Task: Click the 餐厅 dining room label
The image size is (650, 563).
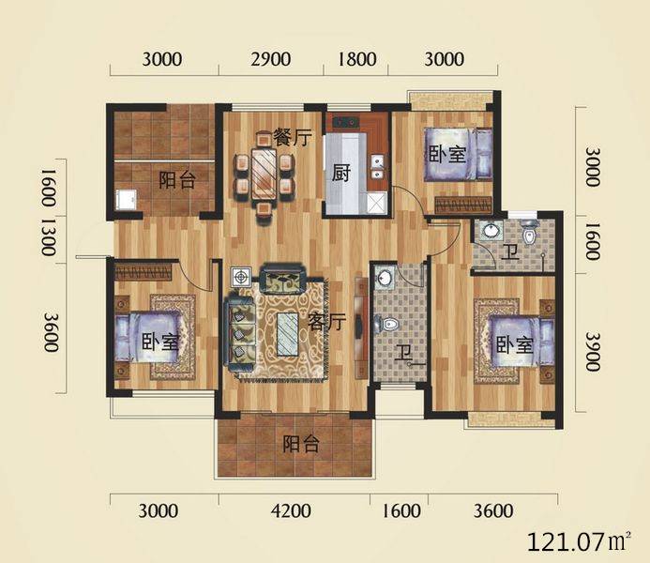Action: (x=293, y=138)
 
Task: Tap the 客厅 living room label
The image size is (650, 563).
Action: (x=327, y=321)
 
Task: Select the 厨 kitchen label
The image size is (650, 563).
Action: (x=341, y=173)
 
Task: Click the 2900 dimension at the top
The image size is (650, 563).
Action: (x=271, y=59)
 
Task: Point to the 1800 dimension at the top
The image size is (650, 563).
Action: (x=357, y=59)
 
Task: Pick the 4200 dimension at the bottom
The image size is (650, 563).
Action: (x=291, y=510)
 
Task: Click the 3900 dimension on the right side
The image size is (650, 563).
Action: (x=593, y=351)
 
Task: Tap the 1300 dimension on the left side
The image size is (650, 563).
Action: (x=49, y=237)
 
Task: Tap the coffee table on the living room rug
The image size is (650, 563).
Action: (x=287, y=334)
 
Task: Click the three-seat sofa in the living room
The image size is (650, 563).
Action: (x=239, y=333)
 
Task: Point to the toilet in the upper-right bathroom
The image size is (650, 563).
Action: (x=529, y=236)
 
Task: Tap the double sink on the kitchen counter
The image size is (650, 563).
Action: (x=377, y=166)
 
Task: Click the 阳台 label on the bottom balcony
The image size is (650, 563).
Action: (x=301, y=445)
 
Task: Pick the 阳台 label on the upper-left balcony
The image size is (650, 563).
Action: (x=177, y=180)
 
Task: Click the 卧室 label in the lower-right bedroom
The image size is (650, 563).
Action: (x=514, y=344)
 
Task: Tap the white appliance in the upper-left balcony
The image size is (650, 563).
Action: (x=126, y=200)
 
